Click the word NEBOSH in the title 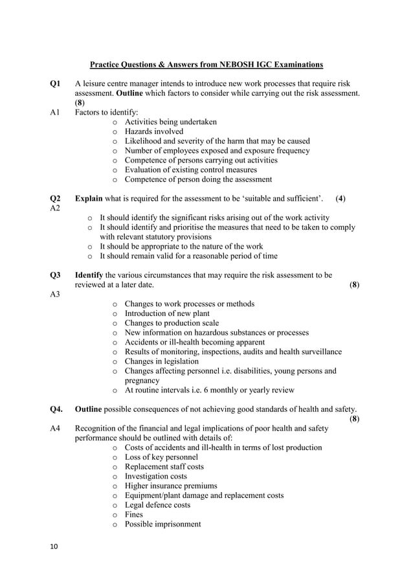(225, 65)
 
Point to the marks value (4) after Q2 (340, 198)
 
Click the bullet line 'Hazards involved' (153, 131)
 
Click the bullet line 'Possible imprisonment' (162, 524)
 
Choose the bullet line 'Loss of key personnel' (161, 457)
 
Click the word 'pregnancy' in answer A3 (143, 381)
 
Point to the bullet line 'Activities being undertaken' (170, 122)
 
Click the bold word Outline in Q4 (89, 409)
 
